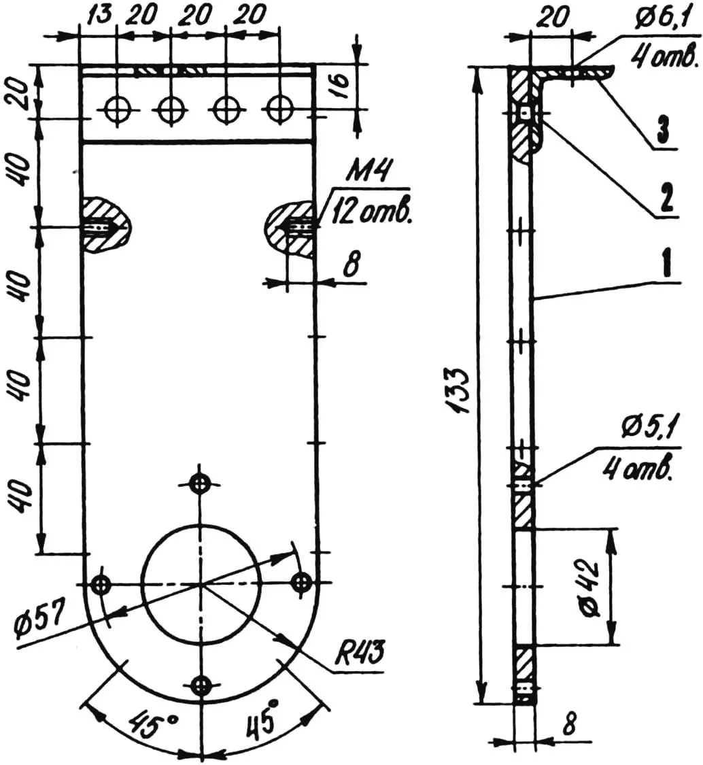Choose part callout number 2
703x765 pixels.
pyautogui.click(x=666, y=199)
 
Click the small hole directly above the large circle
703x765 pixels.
pyautogui.click(x=199, y=483)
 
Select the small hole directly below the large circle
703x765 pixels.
pyautogui.click(x=200, y=685)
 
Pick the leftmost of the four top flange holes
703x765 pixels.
pyautogui.click(x=118, y=107)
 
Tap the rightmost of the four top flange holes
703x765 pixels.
pyautogui.click(x=279, y=107)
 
